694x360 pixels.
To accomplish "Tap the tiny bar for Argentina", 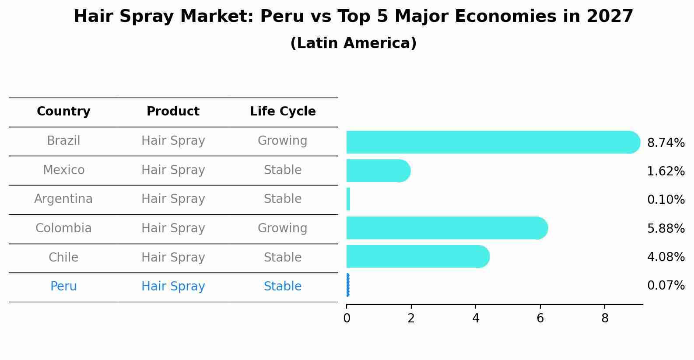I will (x=348, y=199).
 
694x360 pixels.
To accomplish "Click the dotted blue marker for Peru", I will (x=347, y=285).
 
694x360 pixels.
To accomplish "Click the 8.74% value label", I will (x=666, y=143).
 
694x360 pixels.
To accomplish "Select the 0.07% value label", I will (x=666, y=286).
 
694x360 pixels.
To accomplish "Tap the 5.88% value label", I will (x=666, y=228).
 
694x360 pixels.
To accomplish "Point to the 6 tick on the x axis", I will (x=540, y=318).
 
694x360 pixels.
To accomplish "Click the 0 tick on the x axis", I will (x=347, y=318).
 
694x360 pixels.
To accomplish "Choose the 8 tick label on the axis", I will (x=605, y=318).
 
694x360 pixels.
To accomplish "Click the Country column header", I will (x=63, y=112).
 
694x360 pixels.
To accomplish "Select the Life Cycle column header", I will (x=283, y=112).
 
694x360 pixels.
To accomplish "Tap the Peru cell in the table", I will (x=63, y=287).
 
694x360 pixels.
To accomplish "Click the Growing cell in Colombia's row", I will (x=282, y=228).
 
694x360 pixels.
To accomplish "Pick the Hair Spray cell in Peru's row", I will (x=173, y=287).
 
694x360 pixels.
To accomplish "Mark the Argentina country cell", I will (x=63, y=199).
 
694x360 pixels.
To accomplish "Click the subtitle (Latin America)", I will (x=353, y=43).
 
